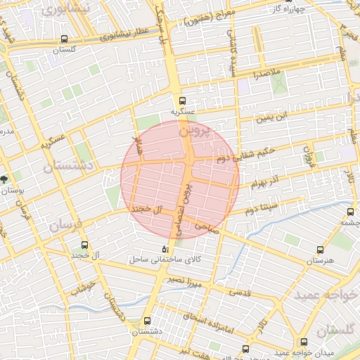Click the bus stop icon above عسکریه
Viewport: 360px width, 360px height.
tap(182, 100)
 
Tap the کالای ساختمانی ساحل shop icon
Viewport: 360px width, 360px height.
tap(166, 249)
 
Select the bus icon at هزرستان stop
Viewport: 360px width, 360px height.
tap(321, 249)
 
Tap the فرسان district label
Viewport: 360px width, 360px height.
tap(66, 226)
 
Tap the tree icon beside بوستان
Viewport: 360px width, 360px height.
tap(5, 180)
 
